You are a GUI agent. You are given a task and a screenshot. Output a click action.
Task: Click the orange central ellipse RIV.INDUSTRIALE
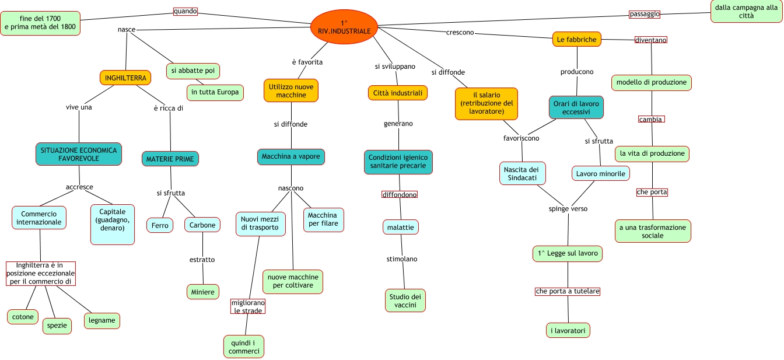coord(344,26)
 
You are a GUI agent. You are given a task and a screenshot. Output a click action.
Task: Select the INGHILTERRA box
coord(125,78)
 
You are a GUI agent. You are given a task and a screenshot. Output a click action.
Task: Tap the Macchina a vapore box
coord(291,157)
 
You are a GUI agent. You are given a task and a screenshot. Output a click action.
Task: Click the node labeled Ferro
coord(160,225)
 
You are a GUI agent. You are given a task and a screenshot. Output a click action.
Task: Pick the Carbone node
coord(202,225)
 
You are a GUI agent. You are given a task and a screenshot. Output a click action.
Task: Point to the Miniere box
coord(202,291)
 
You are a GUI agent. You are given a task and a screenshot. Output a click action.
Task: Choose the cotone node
coord(23,317)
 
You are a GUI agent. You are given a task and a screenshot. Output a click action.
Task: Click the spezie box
coord(57,326)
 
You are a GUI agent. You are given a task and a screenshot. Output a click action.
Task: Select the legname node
coord(102,320)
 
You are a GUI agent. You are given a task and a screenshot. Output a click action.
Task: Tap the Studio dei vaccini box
coord(405,300)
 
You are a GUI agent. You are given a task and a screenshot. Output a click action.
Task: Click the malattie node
coord(401,226)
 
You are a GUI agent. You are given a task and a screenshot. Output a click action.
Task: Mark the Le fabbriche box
coord(577,40)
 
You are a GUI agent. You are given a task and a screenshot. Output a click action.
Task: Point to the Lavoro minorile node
coord(600,173)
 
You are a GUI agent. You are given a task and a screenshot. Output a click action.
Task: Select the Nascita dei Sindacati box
coord(523,173)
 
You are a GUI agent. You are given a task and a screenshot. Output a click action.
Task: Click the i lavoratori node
coord(569,330)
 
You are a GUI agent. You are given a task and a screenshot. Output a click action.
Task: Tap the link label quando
coord(185,11)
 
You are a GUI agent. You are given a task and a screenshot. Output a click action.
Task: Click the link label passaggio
coord(645,13)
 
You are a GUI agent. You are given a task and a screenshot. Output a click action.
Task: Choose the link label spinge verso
coord(568,208)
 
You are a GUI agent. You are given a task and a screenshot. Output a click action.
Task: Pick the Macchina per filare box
coord(323,219)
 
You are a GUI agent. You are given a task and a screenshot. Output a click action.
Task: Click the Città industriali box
coord(398,92)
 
